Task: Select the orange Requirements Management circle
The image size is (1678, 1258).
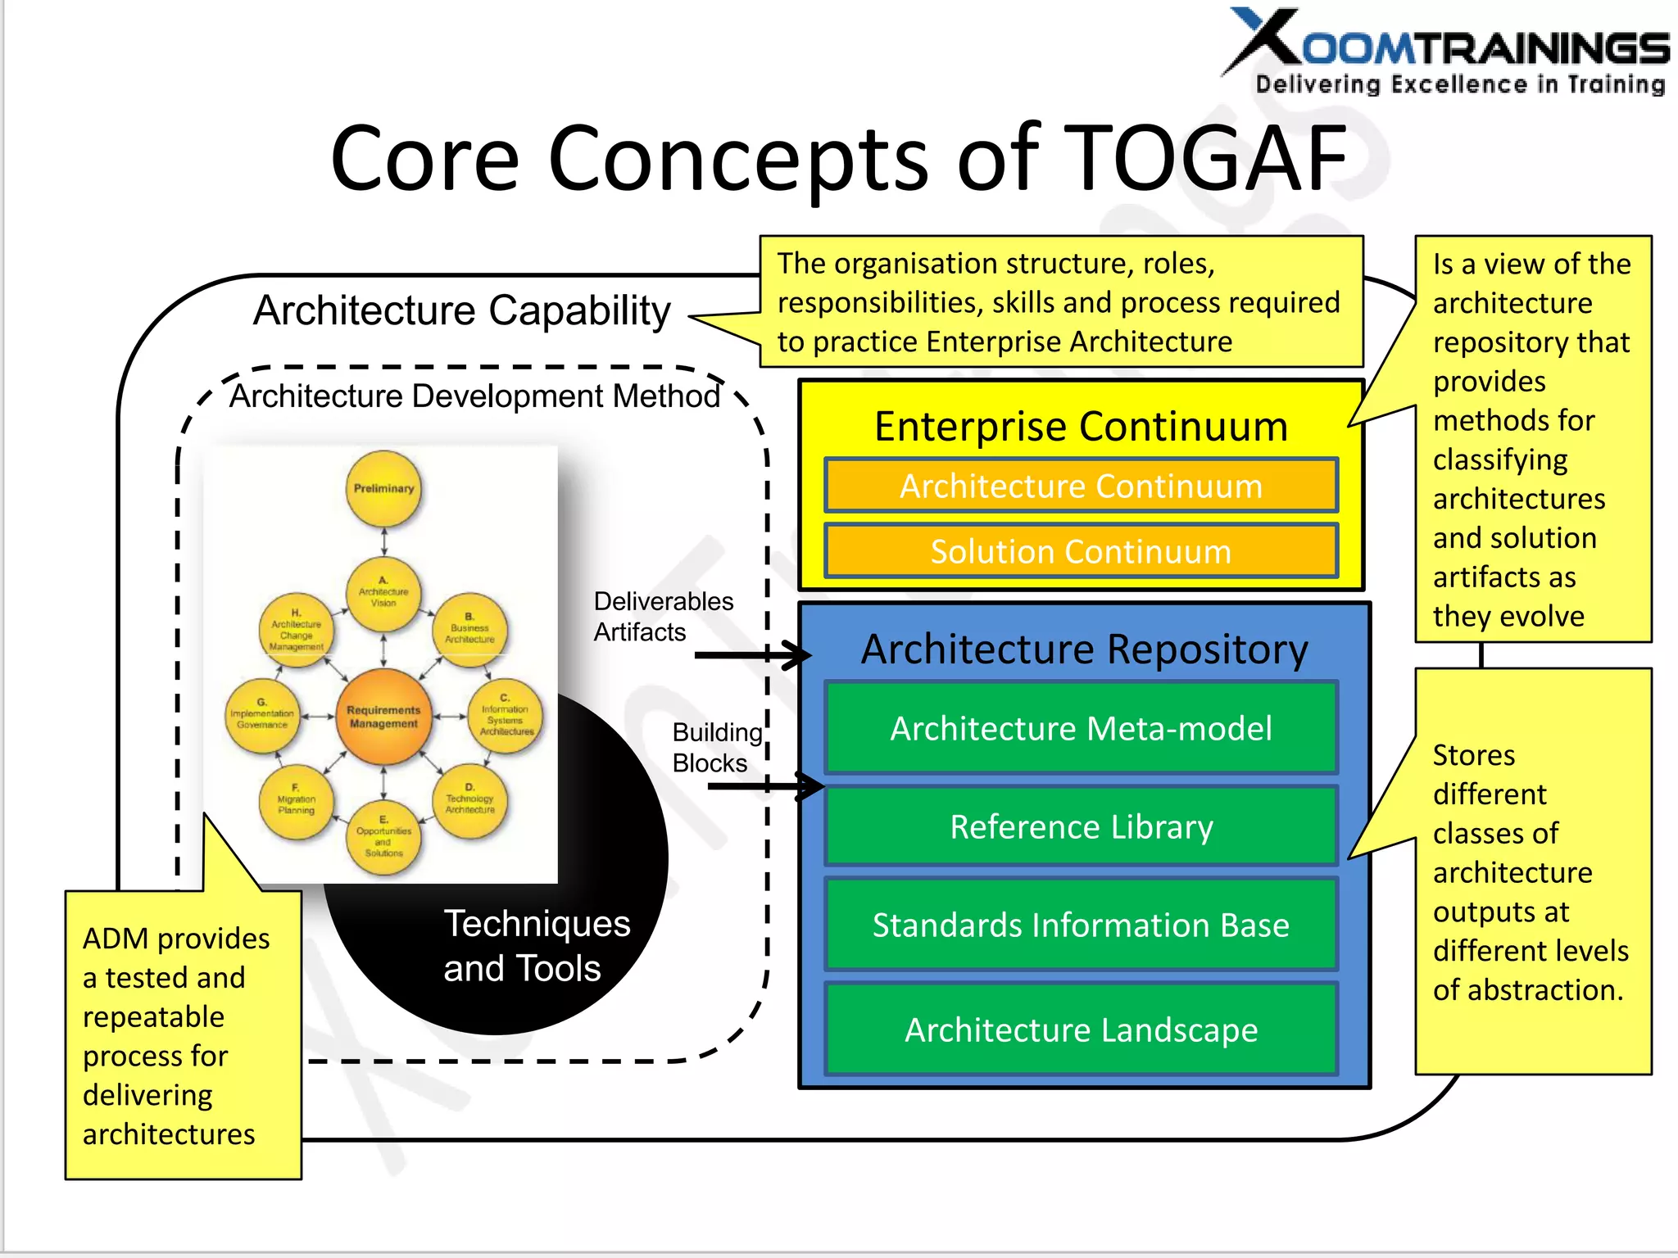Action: click(383, 717)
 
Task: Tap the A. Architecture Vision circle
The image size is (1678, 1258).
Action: click(383, 594)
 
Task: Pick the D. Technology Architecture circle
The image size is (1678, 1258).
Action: click(469, 800)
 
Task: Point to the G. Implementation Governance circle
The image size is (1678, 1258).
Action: click(262, 717)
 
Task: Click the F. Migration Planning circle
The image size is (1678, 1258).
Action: click(296, 803)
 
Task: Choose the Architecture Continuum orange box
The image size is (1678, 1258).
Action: click(1081, 486)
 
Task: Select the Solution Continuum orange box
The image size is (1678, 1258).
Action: click(1081, 551)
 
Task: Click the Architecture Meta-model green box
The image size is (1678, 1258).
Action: click(1081, 727)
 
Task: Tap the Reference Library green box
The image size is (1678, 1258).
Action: click(1081, 826)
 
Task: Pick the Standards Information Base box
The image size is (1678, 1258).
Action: click(1081, 925)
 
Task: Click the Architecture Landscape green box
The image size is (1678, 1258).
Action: click(1081, 1029)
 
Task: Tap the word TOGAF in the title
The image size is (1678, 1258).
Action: click(1209, 158)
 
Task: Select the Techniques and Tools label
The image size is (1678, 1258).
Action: click(536, 945)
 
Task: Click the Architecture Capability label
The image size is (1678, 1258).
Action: click(461, 310)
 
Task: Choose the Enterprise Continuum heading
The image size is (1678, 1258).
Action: click(1081, 426)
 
